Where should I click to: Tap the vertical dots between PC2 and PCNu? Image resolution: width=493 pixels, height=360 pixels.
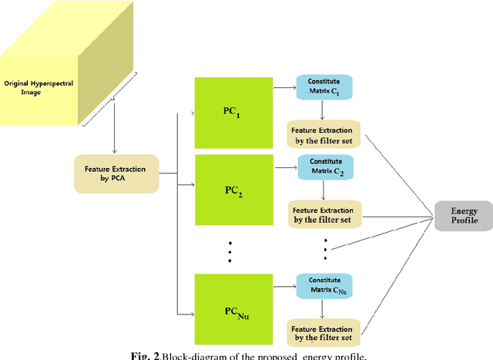click(x=229, y=251)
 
